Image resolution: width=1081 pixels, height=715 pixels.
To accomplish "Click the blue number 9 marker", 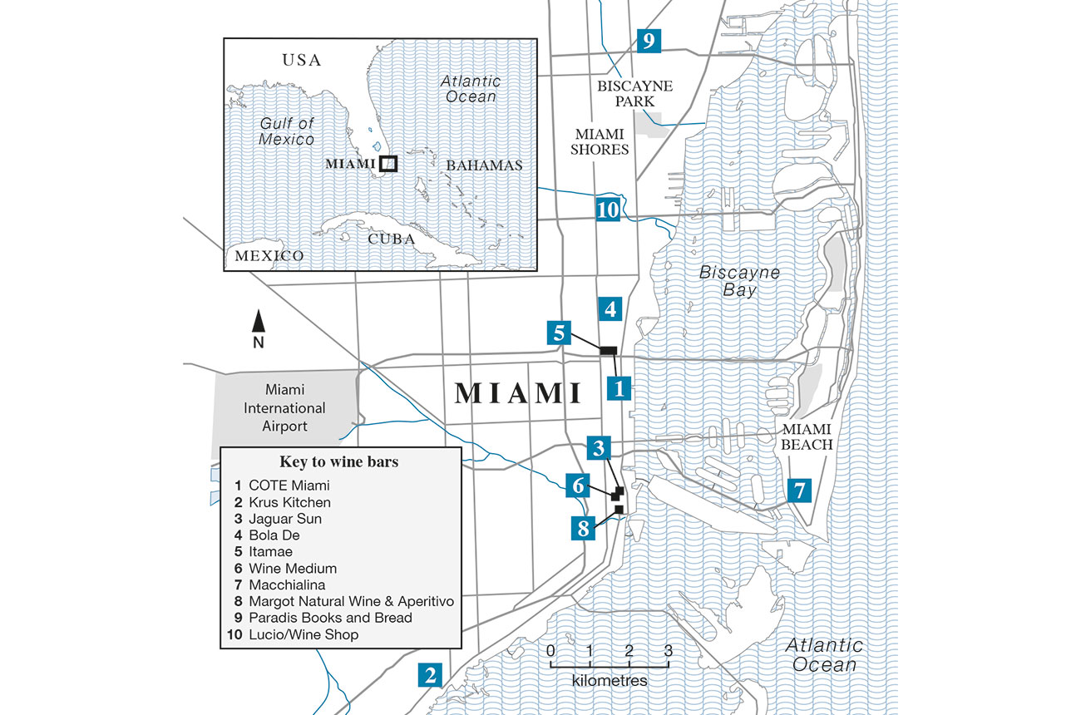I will click(648, 40).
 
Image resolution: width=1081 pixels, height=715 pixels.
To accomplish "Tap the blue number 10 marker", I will click(608, 209).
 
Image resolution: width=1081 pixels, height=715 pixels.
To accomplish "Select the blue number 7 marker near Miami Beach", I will click(799, 491).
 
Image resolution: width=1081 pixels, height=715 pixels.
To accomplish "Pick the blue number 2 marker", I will click(430, 675).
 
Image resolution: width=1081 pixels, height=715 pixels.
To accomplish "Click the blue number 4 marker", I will click(610, 309).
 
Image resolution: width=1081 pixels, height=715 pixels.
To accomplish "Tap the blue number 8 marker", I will click(583, 528).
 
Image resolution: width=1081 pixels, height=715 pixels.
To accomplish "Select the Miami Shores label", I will click(599, 141).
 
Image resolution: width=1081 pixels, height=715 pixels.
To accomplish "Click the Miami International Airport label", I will click(284, 407).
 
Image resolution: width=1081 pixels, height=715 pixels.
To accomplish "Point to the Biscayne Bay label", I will click(739, 281).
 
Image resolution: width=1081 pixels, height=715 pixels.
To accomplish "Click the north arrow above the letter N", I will click(259, 320).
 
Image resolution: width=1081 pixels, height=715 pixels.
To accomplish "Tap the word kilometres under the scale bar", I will click(610, 680).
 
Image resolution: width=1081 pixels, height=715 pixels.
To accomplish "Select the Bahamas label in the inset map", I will click(484, 165).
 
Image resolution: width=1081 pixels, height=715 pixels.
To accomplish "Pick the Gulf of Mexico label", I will click(286, 131).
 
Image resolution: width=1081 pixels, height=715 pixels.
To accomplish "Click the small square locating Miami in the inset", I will click(387, 164).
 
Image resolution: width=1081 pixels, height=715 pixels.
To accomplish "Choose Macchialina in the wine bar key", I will click(291, 585).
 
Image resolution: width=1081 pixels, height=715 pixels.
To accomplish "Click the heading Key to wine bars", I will click(339, 462).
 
